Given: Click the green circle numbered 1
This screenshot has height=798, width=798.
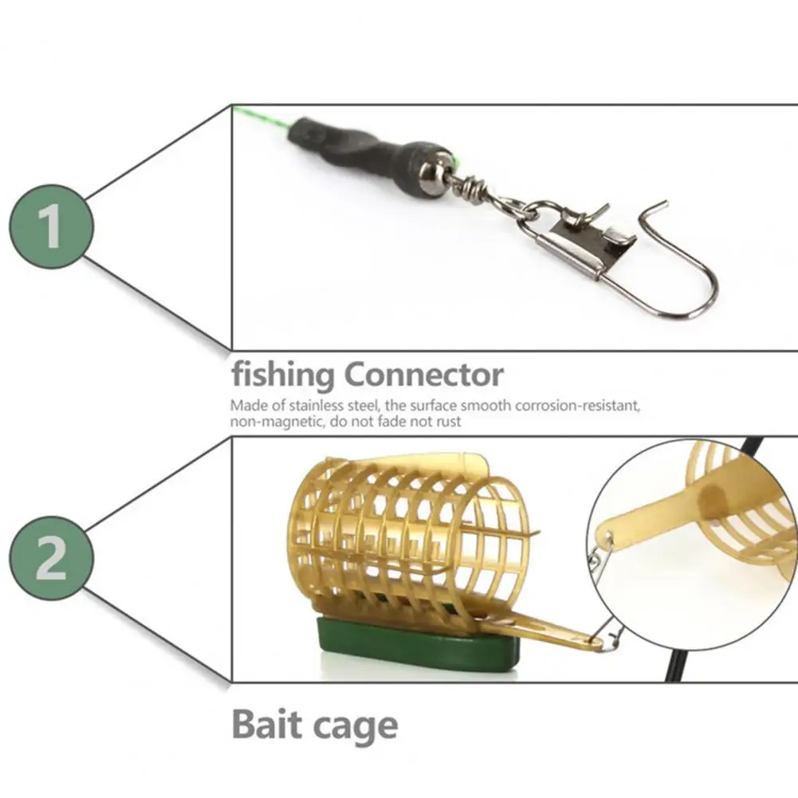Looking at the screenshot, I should tap(52, 226).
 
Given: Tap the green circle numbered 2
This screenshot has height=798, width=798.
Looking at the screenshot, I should tap(52, 559).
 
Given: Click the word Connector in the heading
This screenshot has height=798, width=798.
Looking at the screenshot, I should tap(424, 375).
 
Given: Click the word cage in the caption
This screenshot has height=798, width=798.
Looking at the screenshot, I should tap(356, 728).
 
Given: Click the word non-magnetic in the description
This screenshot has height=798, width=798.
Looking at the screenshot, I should tap(274, 422).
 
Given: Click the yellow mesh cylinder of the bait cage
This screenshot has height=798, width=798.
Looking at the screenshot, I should tap(407, 530).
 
